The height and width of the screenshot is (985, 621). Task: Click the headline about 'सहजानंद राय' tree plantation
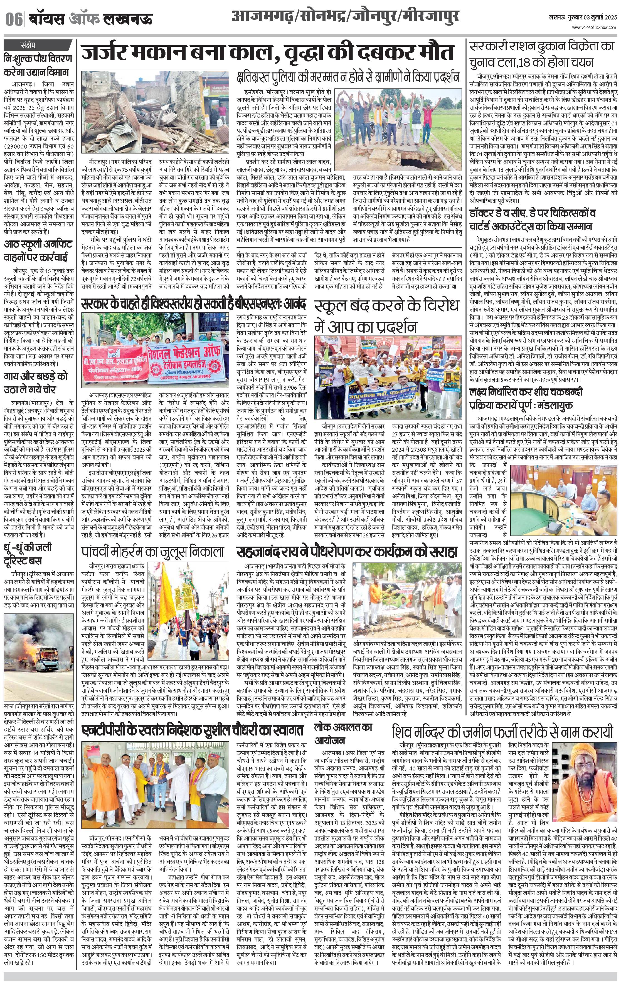346,552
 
